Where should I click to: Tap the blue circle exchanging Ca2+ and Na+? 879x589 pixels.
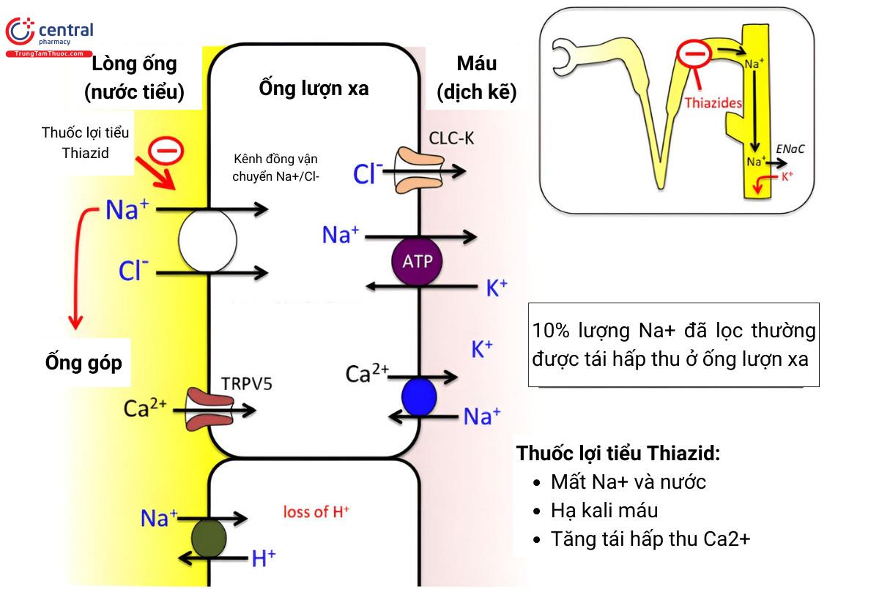point(419,397)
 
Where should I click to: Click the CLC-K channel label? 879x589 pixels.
point(449,138)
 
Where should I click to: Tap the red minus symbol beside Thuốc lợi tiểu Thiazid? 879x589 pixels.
point(166,151)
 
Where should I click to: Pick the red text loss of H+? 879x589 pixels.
point(316,511)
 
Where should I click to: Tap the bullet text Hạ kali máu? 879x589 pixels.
point(604,510)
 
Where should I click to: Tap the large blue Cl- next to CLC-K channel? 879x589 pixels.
point(368,173)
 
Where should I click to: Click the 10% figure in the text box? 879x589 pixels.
point(552,331)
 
